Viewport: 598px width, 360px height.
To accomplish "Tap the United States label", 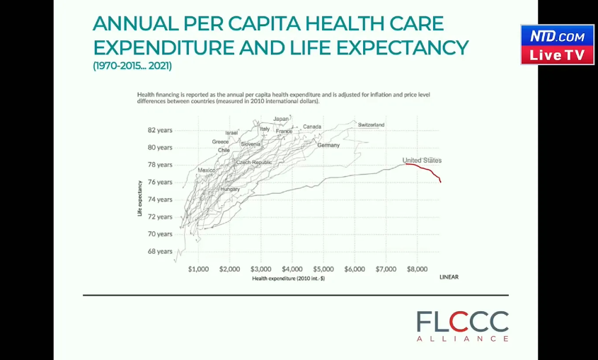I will click(422, 161).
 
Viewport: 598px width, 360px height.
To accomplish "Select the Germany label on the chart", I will click(328, 145).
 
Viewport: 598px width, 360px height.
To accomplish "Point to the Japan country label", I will click(281, 119).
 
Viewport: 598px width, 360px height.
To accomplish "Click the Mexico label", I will click(207, 170).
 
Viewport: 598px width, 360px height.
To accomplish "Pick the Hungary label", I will click(230, 190).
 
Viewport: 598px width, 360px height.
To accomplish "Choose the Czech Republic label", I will click(253, 163).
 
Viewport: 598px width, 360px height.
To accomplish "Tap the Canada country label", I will click(312, 127).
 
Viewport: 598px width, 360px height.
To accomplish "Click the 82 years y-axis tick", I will click(160, 130).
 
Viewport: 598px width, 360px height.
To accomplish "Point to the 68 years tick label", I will click(160, 251).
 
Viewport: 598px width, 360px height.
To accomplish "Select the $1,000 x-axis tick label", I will click(199, 269).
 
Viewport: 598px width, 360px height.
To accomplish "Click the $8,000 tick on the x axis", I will click(418, 269).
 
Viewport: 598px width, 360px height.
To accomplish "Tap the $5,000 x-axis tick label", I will click(323, 269).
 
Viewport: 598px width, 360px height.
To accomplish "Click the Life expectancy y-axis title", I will click(140, 197).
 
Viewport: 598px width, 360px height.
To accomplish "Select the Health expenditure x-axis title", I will click(282, 279).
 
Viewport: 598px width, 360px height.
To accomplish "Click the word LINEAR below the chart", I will click(449, 277).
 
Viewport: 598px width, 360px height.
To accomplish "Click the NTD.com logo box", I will click(558, 36).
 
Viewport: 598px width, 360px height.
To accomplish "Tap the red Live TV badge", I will click(558, 55).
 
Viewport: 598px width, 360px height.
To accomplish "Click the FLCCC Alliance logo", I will click(462, 326).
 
